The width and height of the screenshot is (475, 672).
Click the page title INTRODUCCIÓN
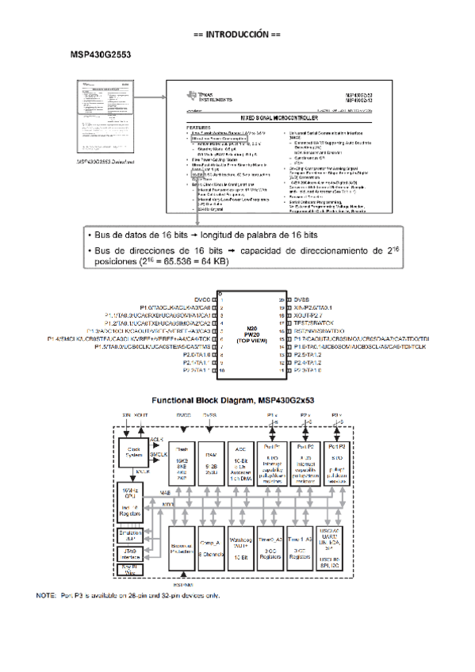237,36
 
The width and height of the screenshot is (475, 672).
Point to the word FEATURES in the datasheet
198,127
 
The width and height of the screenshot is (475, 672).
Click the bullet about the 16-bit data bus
206,236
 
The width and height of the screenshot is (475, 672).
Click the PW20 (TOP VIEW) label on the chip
252,337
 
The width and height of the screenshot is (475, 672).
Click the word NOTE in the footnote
46,595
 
